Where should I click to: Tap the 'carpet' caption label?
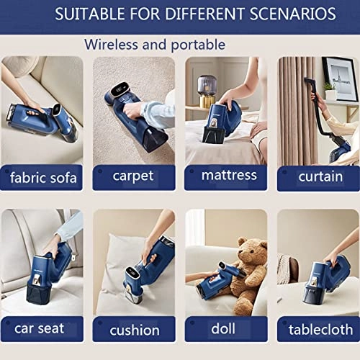(134, 175)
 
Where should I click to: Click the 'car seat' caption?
(39, 329)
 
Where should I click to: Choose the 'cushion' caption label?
(135, 330)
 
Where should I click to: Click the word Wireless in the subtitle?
(114, 44)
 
